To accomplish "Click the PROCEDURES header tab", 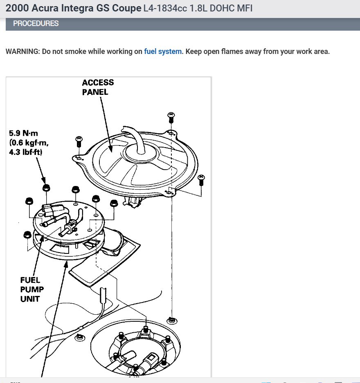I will point(36,24).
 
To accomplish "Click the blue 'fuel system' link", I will point(162,52).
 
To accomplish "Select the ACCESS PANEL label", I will point(98,87).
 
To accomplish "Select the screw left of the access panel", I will point(79,141).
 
